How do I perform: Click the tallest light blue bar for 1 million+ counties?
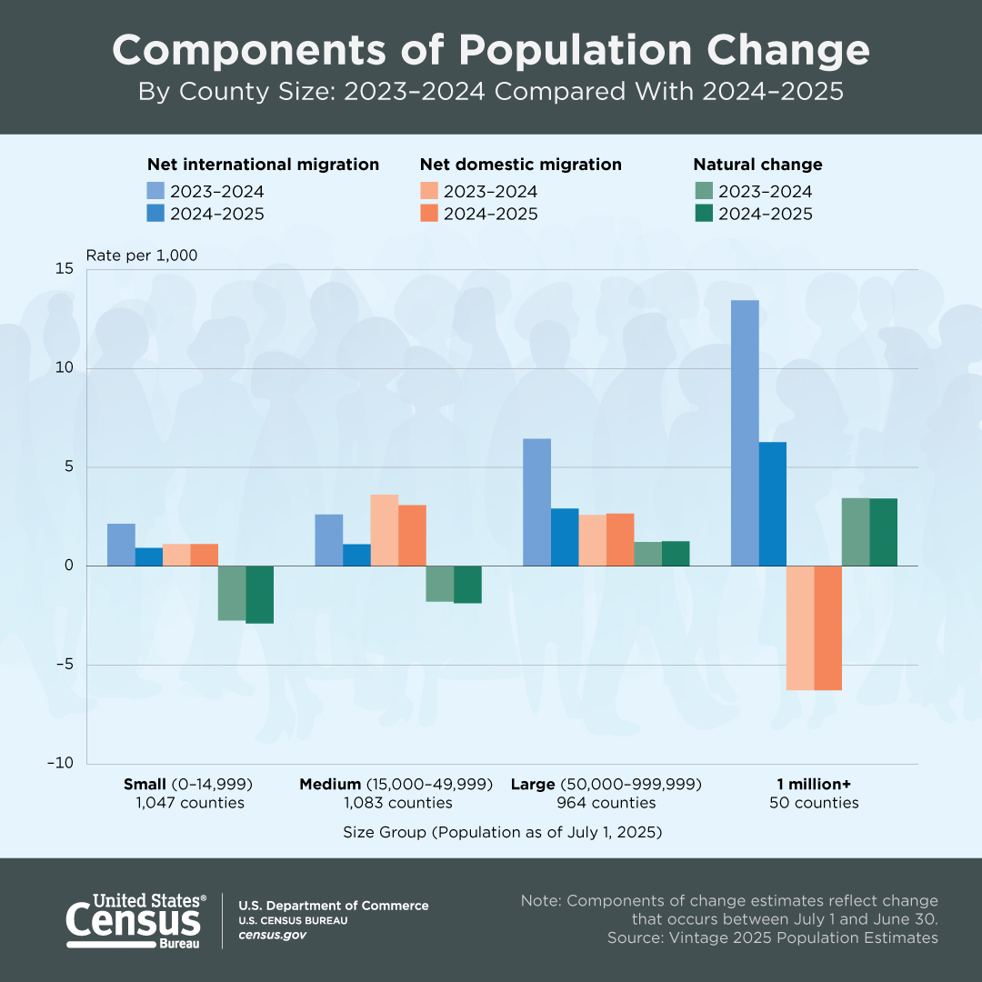tap(745, 433)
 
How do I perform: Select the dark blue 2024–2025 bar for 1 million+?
tap(773, 504)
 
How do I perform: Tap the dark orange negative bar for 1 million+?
tap(828, 627)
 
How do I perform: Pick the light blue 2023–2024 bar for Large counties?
tap(536, 502)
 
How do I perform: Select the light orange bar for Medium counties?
tap(384, 530)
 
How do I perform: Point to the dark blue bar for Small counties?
tap(149, 556)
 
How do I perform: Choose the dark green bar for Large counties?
tap(676, 554)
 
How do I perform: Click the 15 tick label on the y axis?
tap(64, 269)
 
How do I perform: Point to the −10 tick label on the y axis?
tap(59, 764)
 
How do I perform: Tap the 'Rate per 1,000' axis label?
tap(142, 256)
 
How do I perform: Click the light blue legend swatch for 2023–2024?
tap(155, 191)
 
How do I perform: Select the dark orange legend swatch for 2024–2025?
tap(428, 214)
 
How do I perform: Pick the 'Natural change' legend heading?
tap(757, 165)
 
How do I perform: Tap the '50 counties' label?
tap(814, 803)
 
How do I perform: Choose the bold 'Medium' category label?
tap(330, 784)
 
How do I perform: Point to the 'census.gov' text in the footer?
tap(272, 935)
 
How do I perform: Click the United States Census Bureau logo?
tap(136, 921)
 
